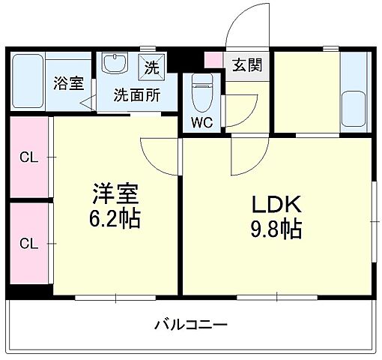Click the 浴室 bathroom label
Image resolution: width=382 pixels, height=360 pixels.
click(x=68, y=84)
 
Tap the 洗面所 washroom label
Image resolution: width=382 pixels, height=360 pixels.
click(x=136, y=96)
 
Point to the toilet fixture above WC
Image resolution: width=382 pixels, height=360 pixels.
click(x=201, y=94)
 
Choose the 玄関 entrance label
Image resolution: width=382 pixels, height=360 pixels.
click(x=247, y=65)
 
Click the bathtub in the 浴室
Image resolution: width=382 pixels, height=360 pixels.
click(x=27, y=80)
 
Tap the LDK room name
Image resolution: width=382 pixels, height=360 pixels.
click(x=275, y=204)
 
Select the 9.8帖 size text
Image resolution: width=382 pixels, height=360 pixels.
click(x=275, y=229)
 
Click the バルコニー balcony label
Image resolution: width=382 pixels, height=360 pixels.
click(x=190, y=325)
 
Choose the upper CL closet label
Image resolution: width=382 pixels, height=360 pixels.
click(x=28, y=157)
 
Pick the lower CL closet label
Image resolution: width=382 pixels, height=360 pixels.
click(x=28, y=243)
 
